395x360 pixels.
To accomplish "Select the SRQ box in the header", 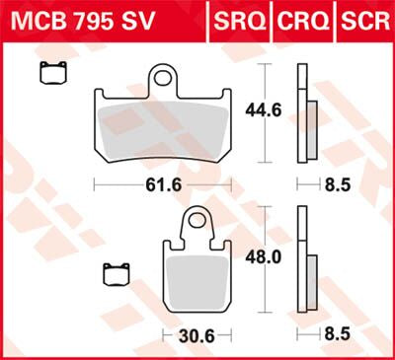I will coord(236,18).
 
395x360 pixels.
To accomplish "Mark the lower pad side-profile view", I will coord(305,266).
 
